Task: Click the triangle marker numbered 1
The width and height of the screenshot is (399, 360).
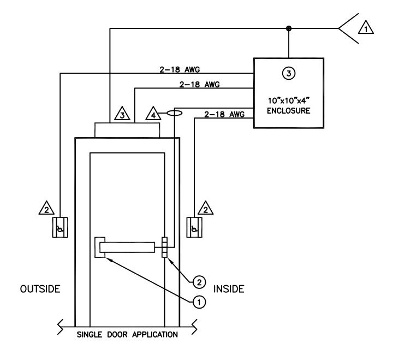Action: [x=366, y=27]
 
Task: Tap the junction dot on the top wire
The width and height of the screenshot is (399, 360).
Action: [x=289, y=28]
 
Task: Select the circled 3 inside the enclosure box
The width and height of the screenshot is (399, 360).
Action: [x=289, y=73]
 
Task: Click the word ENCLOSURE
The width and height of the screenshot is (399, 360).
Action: [x=289, y=111]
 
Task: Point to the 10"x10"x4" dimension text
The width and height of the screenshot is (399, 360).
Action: [x=289, y=101]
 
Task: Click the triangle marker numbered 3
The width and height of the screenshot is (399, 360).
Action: [x=122, y=114]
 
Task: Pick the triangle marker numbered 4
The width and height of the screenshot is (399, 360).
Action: [x=153, y=114]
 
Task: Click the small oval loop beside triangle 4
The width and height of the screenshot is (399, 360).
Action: [x=174, y=113]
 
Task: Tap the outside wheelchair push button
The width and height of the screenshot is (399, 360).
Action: [x=60, y=227]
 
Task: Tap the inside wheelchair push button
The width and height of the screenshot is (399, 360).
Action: [x=194, y=227]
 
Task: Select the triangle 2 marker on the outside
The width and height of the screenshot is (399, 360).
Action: [x=46, y=208]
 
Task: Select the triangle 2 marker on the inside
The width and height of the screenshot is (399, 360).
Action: [x=205, y=208]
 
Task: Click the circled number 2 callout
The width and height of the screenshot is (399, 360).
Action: [x=199, y=282]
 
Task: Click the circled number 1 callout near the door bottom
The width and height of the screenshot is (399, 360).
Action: [x=199, y=302]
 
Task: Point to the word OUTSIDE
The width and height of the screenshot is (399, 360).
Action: [x=40, y=289]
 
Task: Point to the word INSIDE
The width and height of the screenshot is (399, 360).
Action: [x=229, y=289]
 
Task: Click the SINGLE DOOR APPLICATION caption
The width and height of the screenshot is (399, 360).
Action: [x=127, y=334]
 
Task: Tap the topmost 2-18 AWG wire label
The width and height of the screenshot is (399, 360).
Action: [x=180, y=69]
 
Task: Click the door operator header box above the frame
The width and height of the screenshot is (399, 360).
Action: [x=127, y=131]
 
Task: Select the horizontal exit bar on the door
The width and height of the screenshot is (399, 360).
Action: [x=127, y=247]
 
